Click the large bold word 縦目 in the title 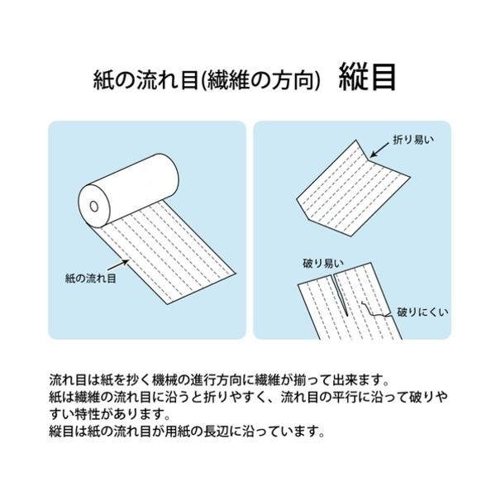click(x=367, y=77)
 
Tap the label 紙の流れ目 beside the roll click(x=90, y=279)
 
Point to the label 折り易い click(x=413, y=140)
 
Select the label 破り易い click(x=323, y=263)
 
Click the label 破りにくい click(x=422, y=312)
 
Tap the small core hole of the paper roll click(x=94, y=206)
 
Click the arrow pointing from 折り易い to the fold click(x=379, y=150)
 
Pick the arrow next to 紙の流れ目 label click(x=118, y=265)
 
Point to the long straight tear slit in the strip click(x=340, y=293)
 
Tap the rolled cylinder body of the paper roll click(x=128, y=190)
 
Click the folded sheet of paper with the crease click(x=353, y=188)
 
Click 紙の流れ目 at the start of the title click(x=145, y=80)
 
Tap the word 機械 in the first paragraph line click(x=165, y=380)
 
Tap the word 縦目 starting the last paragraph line click(x=62, y=432)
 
